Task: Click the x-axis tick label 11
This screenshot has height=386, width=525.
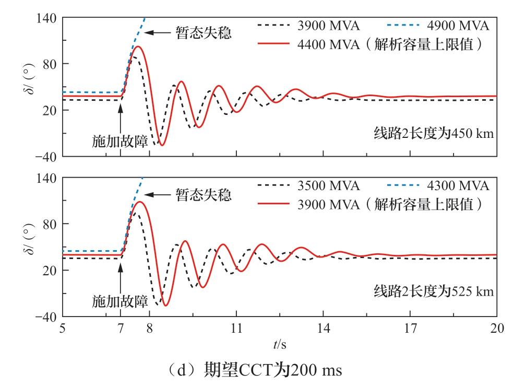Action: pos(236,329)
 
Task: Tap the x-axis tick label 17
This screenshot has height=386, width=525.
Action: pos(410,329)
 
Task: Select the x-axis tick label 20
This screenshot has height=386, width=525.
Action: pos(497,329)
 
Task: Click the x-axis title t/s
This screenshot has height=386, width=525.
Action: pos(279,344)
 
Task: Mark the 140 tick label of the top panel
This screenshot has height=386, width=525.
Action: pos(47,18)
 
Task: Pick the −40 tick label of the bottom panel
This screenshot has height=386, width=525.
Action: pos(45,317)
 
